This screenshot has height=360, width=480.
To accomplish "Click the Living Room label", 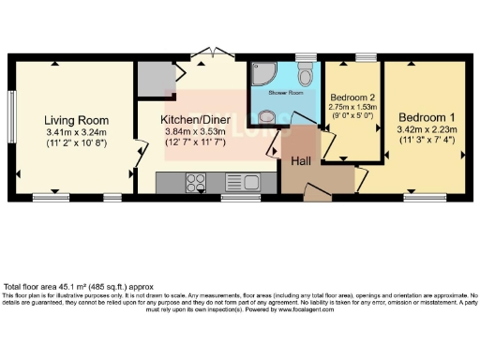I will point(77,121).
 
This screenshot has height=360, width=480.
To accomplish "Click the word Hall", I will point(300,161).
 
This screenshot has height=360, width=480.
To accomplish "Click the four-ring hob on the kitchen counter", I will point(196,181).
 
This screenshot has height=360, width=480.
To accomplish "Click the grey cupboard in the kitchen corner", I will point(150,80).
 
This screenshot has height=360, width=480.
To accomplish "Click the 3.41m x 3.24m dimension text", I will point(77,133).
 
